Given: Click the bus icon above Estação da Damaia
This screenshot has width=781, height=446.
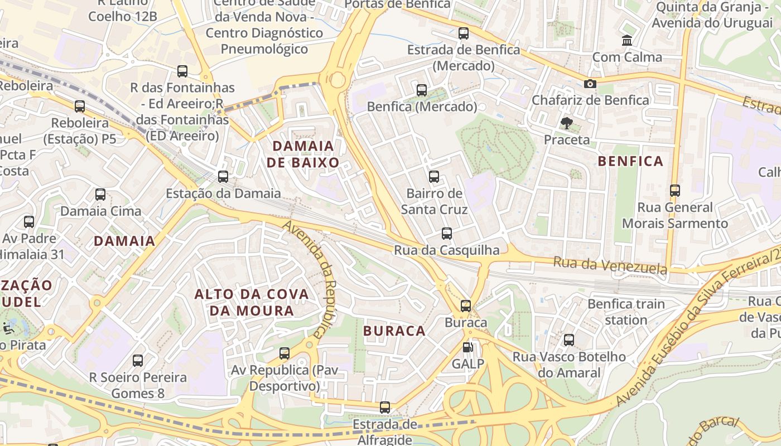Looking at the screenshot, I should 223,177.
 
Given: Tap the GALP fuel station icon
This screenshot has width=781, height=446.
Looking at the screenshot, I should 467,347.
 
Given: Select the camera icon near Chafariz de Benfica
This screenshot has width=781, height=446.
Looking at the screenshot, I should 590,84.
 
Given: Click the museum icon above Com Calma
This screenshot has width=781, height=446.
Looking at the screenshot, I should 627,41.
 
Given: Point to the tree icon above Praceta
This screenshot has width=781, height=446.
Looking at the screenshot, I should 567,123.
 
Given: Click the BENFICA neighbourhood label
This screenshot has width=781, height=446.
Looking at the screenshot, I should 630,162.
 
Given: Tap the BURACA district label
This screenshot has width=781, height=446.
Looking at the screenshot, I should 394,331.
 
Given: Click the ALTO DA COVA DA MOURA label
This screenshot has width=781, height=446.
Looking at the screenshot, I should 251,302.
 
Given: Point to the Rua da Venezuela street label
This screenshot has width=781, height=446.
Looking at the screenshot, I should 610,265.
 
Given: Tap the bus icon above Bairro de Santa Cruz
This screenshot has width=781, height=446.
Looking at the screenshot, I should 434,177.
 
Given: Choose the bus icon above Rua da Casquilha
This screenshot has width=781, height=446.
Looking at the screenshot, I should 447,234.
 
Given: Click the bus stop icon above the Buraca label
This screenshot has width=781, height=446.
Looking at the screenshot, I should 466,306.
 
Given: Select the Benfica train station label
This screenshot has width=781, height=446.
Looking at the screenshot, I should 626,312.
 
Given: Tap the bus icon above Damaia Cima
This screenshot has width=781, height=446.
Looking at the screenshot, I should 100,195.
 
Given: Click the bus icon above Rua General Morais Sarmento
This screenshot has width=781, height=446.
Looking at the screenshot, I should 675,191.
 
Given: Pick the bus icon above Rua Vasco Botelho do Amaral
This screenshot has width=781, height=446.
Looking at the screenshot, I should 569,340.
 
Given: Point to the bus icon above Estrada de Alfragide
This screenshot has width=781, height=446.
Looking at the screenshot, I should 385,408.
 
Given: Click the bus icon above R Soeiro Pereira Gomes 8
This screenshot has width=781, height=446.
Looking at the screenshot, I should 138,361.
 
